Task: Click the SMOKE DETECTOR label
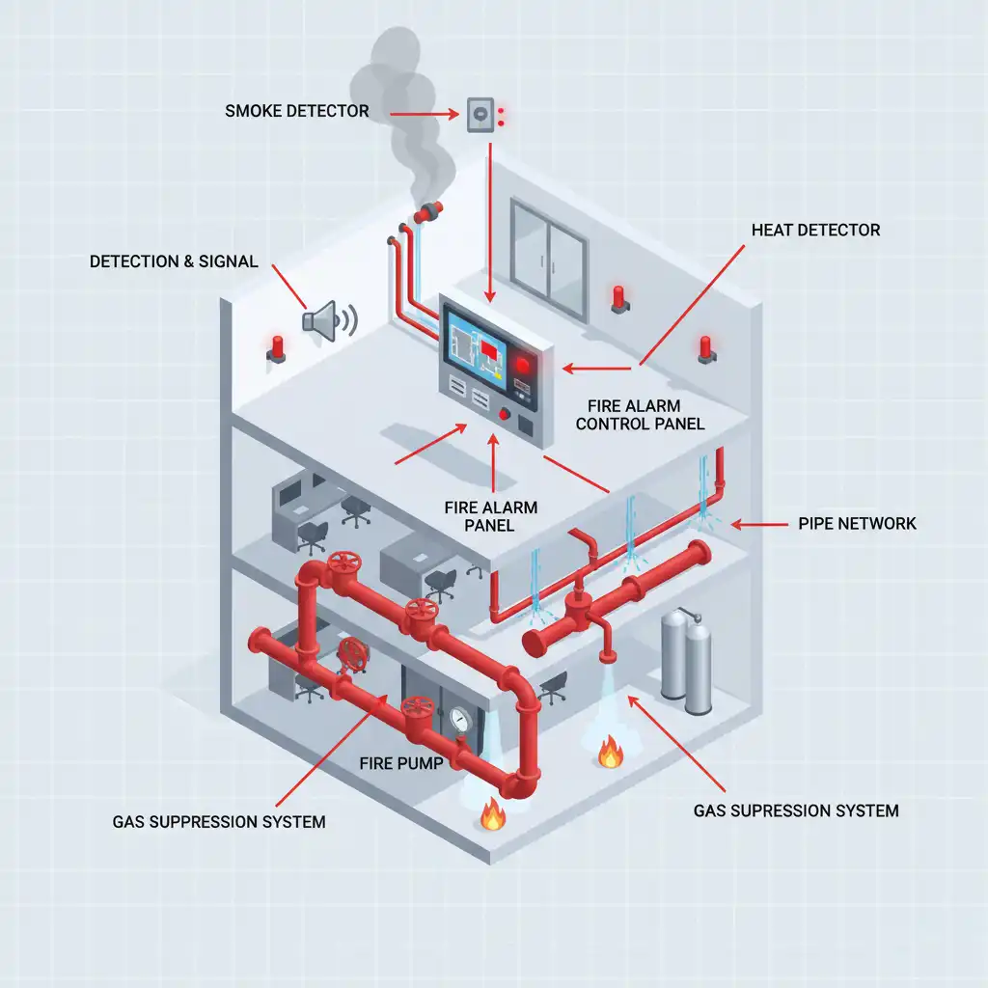pyautogui.click(x=297, y=111)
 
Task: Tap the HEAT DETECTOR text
pyautogui.click(x=816, y=231)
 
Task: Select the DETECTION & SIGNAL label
pyautogui.click(x=174, y=261)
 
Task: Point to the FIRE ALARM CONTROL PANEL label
pyautogui.click(x=646, y=414)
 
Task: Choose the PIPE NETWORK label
pyautogui.click(x=857, y=524)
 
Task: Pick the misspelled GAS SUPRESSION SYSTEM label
pyautogui.click(x=796, y=810)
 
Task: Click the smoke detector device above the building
pyautogui.click(x=480, y=116)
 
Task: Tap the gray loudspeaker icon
pyautogui.click(x=323, y=318)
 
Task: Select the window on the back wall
pyautogui.click(x=548, y=258)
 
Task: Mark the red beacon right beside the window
pyautogui.click(x=618, y=297)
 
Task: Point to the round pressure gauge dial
pyautogui.click(x=458, y=720)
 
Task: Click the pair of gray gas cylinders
pyautogui.click(x=685, y=661)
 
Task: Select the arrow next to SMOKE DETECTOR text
pyautogui.click(x=425, y=113)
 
